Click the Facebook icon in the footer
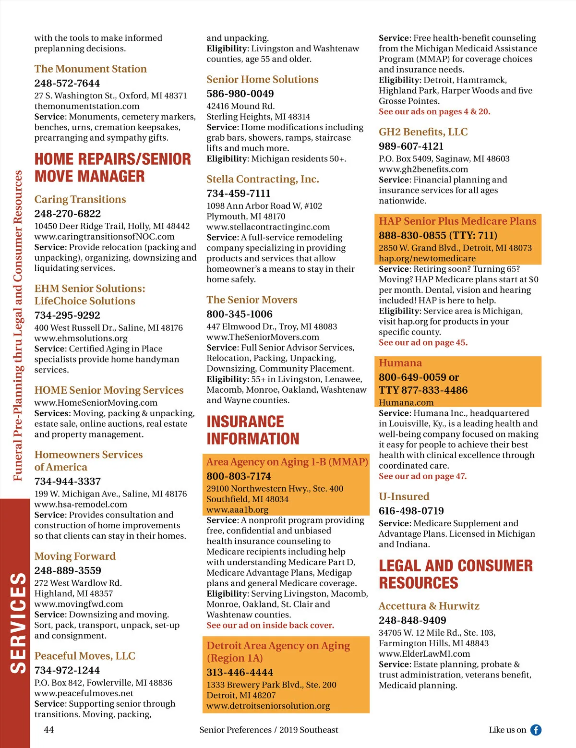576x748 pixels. (536, 730)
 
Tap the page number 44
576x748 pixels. (49, 730)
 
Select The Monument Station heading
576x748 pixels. (90, 69)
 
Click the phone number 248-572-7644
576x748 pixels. (67, 83)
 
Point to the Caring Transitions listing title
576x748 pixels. (80, 199)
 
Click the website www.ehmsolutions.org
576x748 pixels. (81, 338)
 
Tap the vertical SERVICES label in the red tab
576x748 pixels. (18, 623)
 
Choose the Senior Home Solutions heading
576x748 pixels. (262, 79)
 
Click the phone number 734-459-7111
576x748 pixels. (238, 193)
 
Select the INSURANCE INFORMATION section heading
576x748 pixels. (252, 430)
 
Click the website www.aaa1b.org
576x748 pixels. (237, 509)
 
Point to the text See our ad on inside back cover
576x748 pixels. (270, 625)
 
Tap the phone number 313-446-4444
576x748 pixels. (240, 672)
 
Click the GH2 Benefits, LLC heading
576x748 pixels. (423, 132)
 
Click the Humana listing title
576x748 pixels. (400, 363)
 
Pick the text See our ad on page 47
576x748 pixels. (422, 476)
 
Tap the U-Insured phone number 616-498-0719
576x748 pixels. (411, 511)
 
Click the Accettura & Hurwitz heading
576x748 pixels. (429, 606)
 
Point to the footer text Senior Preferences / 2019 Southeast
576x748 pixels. (268, 730)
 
